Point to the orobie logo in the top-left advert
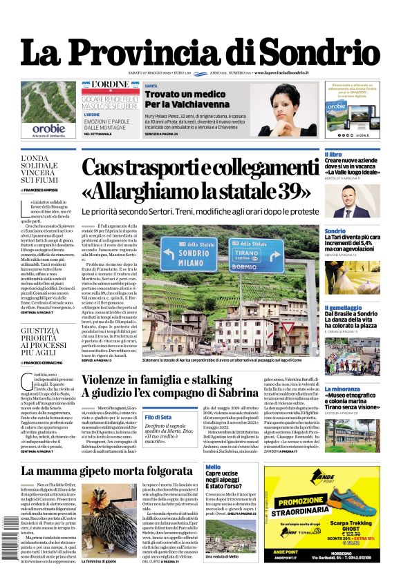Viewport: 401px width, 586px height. [x=48, y=128]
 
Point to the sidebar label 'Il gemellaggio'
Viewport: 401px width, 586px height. [x=343, y=309]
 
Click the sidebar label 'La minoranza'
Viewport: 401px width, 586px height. [x=342, y=389]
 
